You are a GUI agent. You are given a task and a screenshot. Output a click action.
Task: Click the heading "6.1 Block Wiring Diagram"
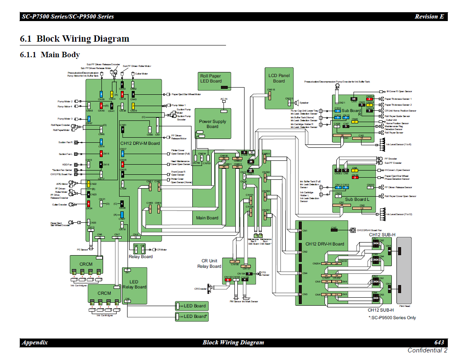tap(74, 39)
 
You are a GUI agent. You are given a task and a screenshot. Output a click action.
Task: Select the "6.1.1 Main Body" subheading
tap(50, 55)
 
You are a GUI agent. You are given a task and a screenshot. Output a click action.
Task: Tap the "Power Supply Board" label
tap(213, 124)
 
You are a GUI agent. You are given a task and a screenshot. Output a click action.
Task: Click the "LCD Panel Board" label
tap(279, 78)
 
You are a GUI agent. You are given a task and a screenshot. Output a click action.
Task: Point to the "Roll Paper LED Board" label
tap(210, 78)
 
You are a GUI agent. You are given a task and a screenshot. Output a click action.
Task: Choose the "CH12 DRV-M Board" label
tap(140, 143)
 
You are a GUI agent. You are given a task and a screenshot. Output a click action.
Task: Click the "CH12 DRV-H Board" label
tap(324, 244)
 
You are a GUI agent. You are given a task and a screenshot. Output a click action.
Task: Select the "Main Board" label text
tap(207, 218)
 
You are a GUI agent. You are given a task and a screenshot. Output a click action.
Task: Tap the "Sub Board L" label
tap(357, 199)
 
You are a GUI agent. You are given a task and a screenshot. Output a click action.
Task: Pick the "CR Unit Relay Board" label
tap(209, 264)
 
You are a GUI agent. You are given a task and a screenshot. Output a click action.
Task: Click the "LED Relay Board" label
tap(134, 284)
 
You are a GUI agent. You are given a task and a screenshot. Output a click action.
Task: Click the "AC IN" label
tap(224, 99)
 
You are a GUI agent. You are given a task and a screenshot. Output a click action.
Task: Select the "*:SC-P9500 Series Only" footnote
tap(392, 317)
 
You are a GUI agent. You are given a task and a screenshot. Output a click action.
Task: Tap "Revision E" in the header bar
tap(429, 16)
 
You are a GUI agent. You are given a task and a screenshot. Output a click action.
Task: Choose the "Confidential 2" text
tap(427, 350)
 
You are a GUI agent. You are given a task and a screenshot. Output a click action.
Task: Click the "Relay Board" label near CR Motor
tap(141, 256)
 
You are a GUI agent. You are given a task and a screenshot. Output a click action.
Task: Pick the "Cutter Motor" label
tap(141, 74)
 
